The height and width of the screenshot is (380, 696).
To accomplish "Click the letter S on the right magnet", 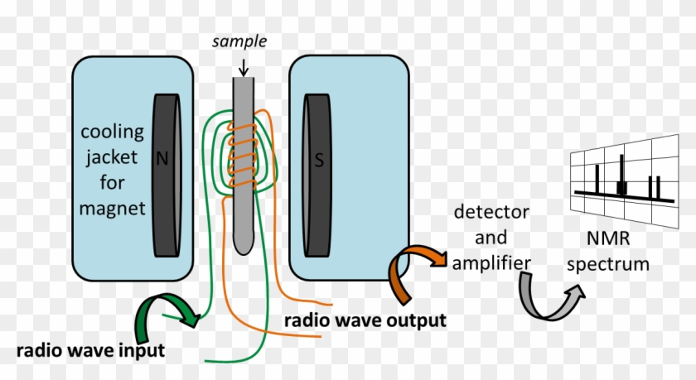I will pos(317,161).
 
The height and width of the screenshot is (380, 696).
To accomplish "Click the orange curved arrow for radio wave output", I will pos(413,272).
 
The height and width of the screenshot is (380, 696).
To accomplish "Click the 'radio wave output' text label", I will pos(365,320).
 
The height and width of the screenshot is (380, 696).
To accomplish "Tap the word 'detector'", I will pos(491,214).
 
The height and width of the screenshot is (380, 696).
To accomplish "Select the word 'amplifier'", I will pos(491,262).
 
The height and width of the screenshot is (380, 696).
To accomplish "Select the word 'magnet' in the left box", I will pos(113,207).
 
